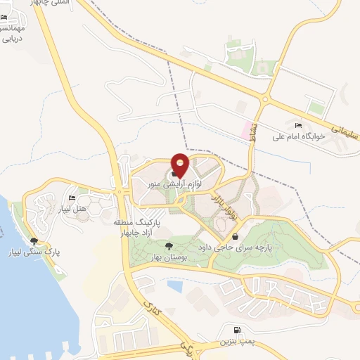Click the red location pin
181,165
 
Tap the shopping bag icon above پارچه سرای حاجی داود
234,238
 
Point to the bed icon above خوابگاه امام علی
300,126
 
